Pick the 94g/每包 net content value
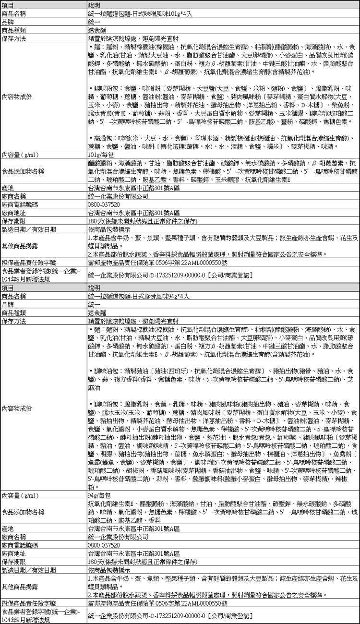[100, 494]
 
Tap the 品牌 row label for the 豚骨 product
[8, 304]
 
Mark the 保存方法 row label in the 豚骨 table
[14, 321]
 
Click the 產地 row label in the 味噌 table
[8, 188]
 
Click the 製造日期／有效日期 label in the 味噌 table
[29, 230]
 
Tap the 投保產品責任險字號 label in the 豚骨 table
[29, 602]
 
